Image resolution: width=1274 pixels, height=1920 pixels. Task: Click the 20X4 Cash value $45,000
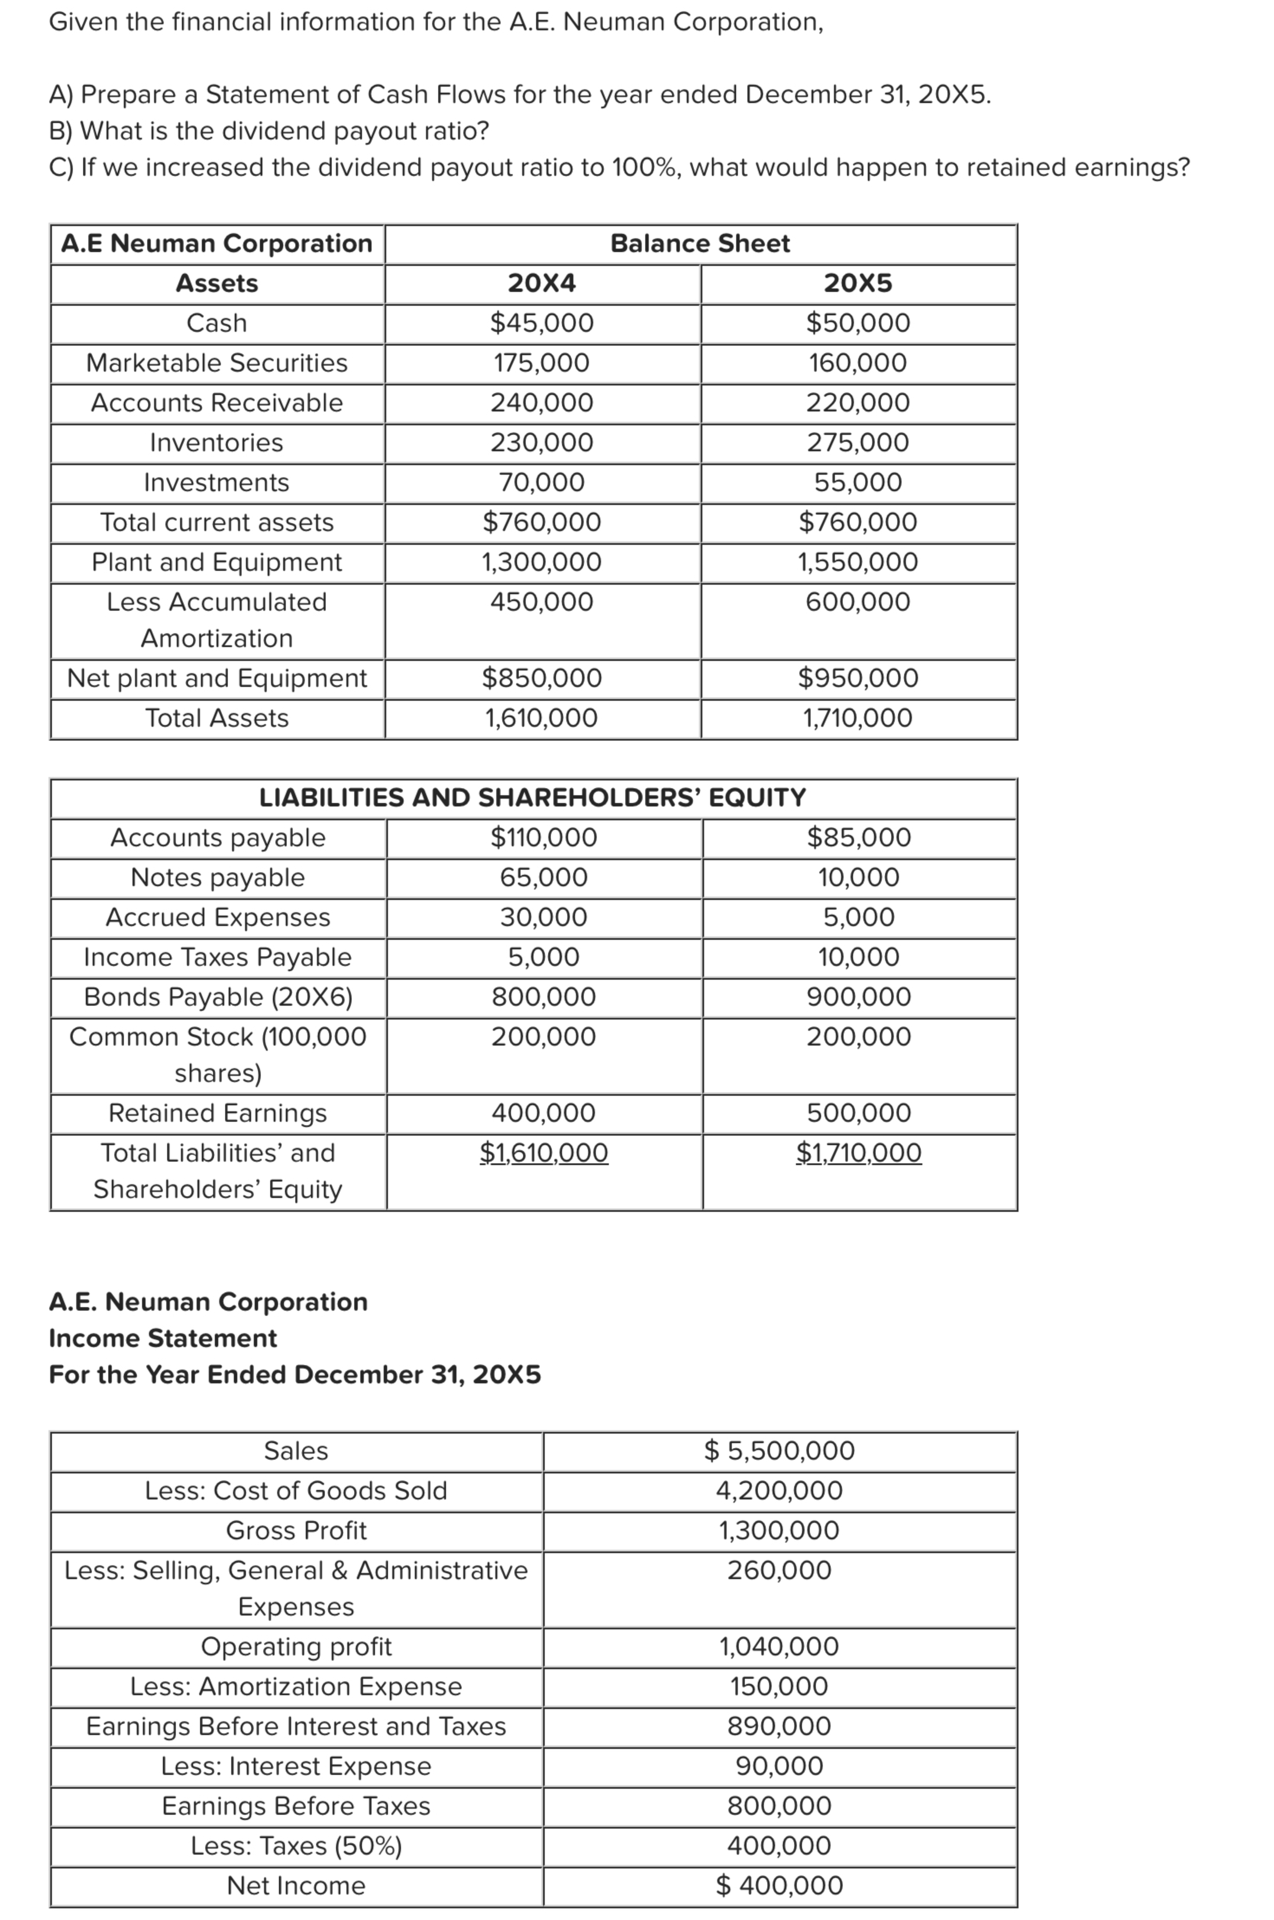pyautogui.click(x=541, y=323)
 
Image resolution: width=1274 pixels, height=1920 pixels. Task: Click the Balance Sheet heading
pyautogui.click(x=699, y=243)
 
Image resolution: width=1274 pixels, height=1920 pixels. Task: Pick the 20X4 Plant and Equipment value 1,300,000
pyautogui.click(x=541, y=561)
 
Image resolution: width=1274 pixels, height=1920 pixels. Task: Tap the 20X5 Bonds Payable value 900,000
pyautogui.click(x=859, y=996)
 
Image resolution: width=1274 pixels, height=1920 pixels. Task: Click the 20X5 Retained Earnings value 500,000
pyautogui.click(x=859, y=1112)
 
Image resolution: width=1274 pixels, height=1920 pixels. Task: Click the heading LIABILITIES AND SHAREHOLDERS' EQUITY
pyautogui.click(x=532, y=797)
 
